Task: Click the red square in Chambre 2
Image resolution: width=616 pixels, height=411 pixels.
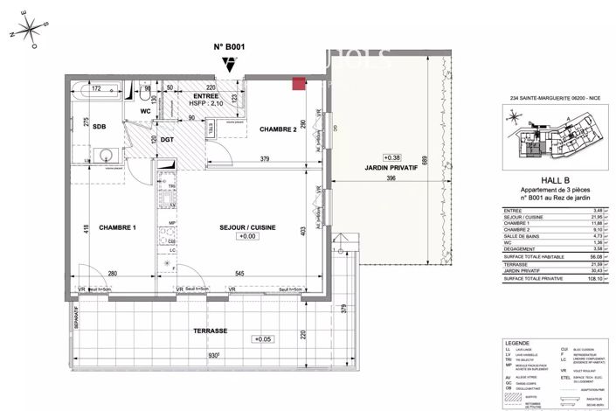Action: [298, 84]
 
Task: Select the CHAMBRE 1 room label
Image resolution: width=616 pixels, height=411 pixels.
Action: [115, 227]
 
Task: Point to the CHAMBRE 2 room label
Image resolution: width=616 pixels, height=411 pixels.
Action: [278, 129]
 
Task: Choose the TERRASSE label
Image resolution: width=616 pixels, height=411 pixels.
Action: [210, 331]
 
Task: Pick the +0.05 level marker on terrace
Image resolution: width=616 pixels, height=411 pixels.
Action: [261, 338]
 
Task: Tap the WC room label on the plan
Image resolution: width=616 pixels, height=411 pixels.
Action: [148, 112]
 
